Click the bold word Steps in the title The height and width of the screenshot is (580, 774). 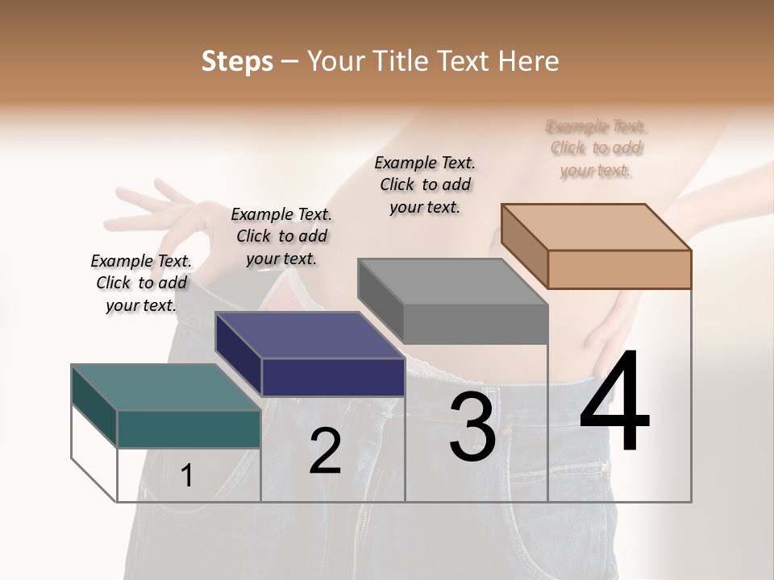click(237, 61)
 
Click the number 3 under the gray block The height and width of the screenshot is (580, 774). click(472, 427)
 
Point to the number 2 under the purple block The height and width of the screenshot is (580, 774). click(325, 451)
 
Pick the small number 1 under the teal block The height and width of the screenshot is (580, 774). click(186, 476)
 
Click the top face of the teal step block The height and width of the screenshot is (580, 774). click(165, 387)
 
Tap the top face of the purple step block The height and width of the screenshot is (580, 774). click(310, 334)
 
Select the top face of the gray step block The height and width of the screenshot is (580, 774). click(452, 281)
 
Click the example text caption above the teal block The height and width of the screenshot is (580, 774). click(141, 283)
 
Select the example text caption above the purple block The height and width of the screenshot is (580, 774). click(281, 236)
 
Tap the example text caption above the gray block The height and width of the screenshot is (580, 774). click(425, 184)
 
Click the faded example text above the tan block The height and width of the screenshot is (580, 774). click(597, 148)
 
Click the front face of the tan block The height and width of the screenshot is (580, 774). click(619, 269)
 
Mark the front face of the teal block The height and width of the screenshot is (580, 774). click(189, 429)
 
